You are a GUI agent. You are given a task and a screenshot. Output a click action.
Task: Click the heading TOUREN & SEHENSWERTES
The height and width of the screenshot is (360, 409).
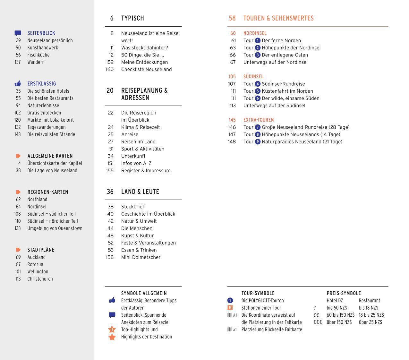click(x=278, y=18)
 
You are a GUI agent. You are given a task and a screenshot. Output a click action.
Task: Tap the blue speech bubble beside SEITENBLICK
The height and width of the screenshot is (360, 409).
click(x=18, y=33)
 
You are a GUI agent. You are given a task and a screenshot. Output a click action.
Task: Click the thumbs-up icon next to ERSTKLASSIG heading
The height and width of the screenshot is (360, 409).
click(x=18, y=84)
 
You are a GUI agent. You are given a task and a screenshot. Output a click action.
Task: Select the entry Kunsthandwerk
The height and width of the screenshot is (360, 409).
click(x=43, y=48)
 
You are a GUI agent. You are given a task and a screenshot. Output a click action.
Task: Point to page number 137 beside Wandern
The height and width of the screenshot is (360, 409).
click(x=18, y=62)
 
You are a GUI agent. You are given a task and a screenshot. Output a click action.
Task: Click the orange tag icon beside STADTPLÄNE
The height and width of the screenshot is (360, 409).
click(x=18, y=250)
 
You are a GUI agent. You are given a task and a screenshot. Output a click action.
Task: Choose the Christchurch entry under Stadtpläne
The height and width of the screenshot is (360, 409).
click(x=40, y=279)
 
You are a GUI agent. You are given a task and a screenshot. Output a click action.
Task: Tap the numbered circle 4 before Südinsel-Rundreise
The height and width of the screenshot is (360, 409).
click(x=258, y=84)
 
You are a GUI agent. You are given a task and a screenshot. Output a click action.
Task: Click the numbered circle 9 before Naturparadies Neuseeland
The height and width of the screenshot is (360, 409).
click(x=258, y=142)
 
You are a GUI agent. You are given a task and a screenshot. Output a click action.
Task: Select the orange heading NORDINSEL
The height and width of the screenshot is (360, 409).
click(x=255, y=33)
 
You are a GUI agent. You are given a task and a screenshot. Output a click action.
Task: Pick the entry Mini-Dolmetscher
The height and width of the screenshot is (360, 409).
click(x=141, y=257)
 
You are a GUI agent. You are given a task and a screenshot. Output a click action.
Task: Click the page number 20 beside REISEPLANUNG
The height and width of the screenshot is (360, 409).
click(x=110, y=91)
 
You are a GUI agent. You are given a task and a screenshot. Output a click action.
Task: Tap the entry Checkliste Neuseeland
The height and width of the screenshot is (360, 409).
click(x=146, y=70)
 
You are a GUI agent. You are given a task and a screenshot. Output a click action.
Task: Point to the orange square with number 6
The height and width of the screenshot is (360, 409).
click(x=230, y=308)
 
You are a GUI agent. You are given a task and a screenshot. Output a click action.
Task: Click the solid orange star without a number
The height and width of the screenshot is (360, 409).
click(x=112, y=337)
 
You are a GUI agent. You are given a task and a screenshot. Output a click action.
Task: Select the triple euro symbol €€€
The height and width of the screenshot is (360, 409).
click(x=318, y=322)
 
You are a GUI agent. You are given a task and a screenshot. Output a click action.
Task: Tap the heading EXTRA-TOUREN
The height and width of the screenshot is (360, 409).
click(x=259, y=120)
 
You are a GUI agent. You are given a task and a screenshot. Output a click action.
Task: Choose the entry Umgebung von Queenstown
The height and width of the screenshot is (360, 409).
click(x=55, y=228)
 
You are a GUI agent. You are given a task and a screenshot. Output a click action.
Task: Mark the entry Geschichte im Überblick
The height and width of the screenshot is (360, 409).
click(x=148, y=214)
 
